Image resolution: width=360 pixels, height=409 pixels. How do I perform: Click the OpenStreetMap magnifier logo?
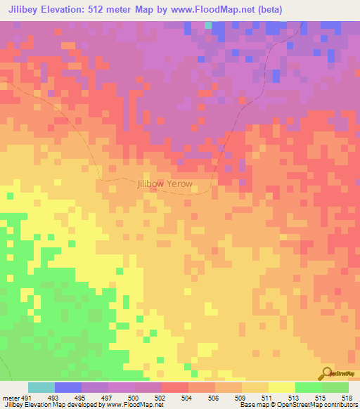click(x=327, y=372)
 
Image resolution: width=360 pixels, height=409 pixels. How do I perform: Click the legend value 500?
click(x=133, y=398)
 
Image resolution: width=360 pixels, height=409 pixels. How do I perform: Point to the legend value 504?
click(x=186, y=398)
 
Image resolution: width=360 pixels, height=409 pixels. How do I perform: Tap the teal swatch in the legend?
click(x=41, y=387)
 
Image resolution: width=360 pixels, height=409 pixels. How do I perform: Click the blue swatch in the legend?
click(x=67, y=387)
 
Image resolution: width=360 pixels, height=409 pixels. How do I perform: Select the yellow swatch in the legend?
click(x=281, y=387)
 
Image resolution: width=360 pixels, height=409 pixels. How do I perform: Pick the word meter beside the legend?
click(x=10, y=398)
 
